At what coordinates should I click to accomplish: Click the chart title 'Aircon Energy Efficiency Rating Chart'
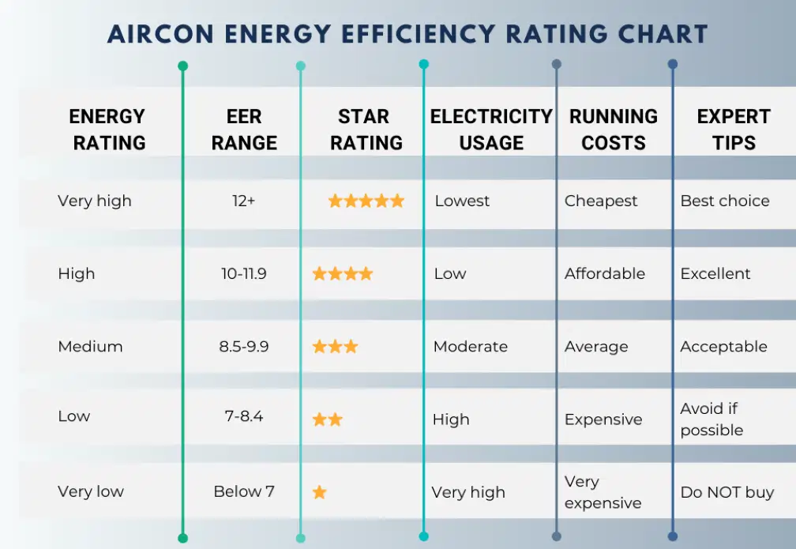point(407,34)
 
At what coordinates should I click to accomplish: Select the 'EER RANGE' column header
point(244,130)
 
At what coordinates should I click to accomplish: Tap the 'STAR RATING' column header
point(366,130)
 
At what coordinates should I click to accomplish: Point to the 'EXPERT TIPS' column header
point(733,130)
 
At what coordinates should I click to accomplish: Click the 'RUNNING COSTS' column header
point(614,130)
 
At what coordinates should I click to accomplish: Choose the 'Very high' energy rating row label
point(95,201)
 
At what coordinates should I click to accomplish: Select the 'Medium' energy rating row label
point(90,346)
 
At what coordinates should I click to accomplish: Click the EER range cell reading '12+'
point(244,201)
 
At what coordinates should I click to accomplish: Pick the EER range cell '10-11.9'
point(244,273)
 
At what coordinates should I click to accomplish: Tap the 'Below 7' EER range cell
point(244,491)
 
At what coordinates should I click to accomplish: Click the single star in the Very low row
point(319,492)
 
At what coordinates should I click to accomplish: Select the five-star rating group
point(366,201)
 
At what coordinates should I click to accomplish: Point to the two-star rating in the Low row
point(327,419)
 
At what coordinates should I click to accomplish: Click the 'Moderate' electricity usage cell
point(470,346)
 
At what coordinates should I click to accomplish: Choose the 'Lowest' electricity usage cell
point(462,201)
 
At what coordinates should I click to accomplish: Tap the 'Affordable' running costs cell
point(604,273)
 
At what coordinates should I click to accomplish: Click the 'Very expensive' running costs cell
point(603,492)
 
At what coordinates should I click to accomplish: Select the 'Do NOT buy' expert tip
point(727,492)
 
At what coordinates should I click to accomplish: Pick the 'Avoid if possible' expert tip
point(712,419)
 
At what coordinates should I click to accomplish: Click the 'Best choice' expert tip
point(724,201)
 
